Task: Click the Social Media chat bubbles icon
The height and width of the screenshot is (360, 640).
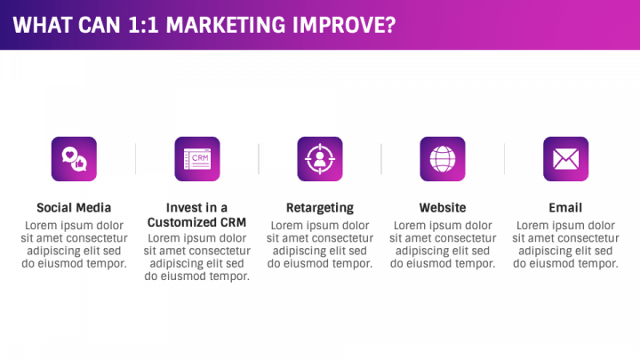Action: pos(74,159)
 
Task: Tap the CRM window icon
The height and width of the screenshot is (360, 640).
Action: pos(197,159)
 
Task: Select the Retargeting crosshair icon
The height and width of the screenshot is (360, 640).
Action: pos(320,159)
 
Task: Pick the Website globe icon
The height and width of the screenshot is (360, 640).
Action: pos(443,159)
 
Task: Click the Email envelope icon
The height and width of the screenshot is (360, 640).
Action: pos(565,159)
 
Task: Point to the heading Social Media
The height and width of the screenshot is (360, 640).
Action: pos(74,208)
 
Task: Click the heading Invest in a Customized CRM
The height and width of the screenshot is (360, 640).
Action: pos(197,214)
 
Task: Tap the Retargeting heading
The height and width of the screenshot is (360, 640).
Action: pos(320,208)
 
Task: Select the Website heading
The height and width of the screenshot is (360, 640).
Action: pos(443,208)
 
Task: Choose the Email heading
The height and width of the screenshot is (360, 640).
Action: pos(565,208)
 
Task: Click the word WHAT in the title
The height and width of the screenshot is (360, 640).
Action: pos(40,25)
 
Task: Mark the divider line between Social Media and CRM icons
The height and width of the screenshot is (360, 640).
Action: pos(135,159)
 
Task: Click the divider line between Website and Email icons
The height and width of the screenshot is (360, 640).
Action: pos(504,159)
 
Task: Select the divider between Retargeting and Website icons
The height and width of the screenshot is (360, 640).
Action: pos(381,159)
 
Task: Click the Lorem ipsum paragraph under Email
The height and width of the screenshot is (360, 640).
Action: pos(565,244)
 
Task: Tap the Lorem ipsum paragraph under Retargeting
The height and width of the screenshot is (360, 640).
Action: pos(320,244)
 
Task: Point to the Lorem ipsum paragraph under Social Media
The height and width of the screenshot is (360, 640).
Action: pos(74,244)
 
